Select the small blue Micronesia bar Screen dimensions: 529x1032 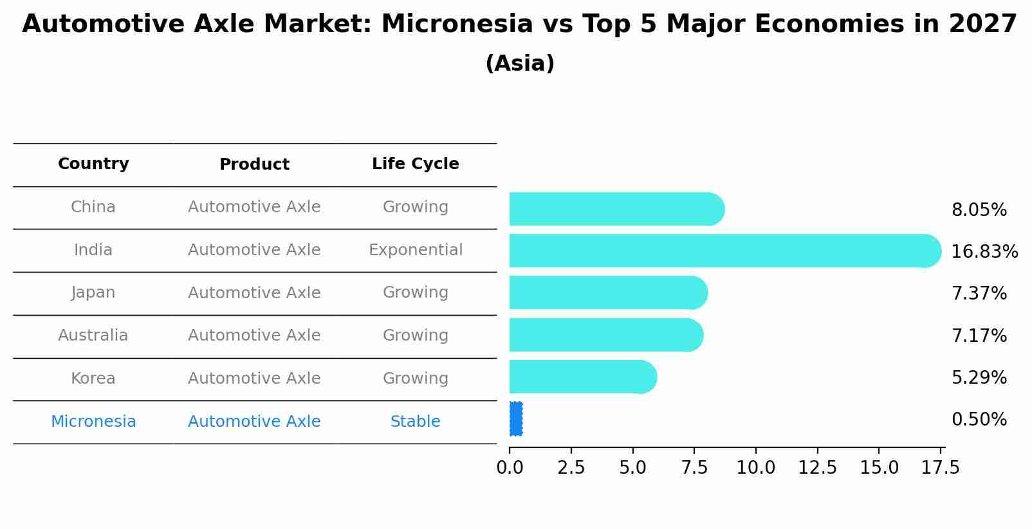(516, 419)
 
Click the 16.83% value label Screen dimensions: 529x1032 (984, 252)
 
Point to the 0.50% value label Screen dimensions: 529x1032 (979, 420)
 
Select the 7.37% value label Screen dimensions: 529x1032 (979, 294)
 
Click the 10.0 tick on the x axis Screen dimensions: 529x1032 (755, 468)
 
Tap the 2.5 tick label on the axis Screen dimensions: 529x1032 (571, 468)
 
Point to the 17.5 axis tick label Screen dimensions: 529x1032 (940, 468)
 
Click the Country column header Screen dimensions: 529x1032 (93, 164)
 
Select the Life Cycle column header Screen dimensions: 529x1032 (415, 164)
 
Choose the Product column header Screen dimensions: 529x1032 (254, 165)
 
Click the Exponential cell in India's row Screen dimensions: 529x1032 (415, 250)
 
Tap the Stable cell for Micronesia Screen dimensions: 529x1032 (415, 422)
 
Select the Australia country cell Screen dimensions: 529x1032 (93, 336)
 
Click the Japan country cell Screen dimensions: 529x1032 (93, 292)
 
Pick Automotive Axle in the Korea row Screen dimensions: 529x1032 (254, 379)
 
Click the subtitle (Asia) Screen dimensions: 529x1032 (520, 64)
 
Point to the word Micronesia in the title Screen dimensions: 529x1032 (457, 24)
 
